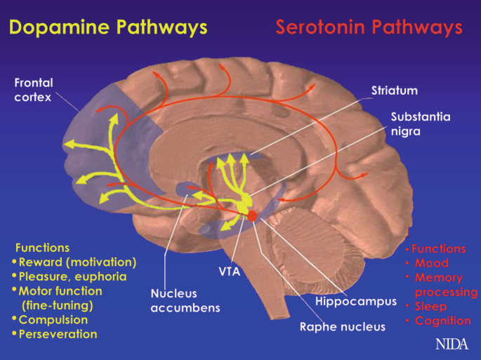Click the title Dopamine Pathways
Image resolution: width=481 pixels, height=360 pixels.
pyautogui.click(x=108, y=27)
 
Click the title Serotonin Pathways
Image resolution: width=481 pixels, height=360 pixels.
pyautogui.click(x=369, y=27)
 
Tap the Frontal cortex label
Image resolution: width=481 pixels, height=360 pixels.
pyautogui.click(x=34, y=90)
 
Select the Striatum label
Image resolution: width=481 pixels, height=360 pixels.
pyautogui.click(x=395, y=91)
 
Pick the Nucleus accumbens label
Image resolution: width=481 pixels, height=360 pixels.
pyautogui.click(x=185, y=300)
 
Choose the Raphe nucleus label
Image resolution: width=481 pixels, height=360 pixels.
pyautogui.click(x=343, y=326)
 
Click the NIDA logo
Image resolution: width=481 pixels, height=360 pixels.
pyautogui.click(x=452, y=345)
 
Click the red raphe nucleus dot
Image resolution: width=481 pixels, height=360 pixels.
pyautogui.click(x=252, y=216)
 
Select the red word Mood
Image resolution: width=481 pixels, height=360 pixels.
pyautogui.click(x=431, y=263)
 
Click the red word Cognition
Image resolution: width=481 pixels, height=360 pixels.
pyautogui.click(x=442, y=321)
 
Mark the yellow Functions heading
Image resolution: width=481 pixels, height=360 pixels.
pyautogui.click(x=42, y=248)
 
